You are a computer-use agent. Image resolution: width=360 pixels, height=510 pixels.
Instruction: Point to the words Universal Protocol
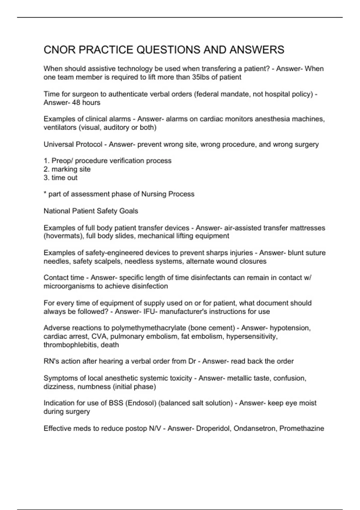[73, 144]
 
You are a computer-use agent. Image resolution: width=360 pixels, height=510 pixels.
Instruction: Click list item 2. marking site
[67, 169]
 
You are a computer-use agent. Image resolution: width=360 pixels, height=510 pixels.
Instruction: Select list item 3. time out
[61, 178]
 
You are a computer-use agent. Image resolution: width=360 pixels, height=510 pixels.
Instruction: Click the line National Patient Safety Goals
[91, 211]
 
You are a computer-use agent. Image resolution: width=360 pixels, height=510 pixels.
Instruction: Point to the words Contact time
[64, 278]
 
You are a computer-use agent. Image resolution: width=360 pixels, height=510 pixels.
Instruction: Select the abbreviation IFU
[149, 312]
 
